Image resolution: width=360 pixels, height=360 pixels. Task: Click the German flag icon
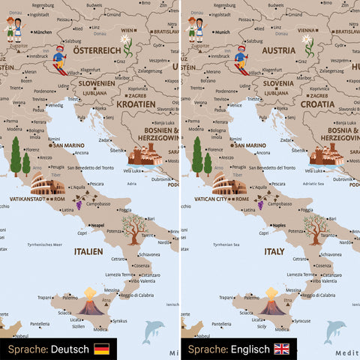(x=101, y=349)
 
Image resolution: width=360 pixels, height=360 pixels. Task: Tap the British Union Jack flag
(x=282, y=349)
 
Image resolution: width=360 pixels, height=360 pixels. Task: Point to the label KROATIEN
(x=135, y=104)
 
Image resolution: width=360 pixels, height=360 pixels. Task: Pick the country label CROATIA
(x=317, y=104)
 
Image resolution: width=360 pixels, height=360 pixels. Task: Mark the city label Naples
(x=279, y=224)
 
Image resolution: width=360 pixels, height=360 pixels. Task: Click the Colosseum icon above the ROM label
(x=48, y=184)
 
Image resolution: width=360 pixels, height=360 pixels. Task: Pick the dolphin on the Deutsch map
(x=153, y=331)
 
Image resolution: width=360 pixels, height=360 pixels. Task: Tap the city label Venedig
(x=55, y=106)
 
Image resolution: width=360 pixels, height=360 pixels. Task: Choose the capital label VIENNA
(x=304, y=31)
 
